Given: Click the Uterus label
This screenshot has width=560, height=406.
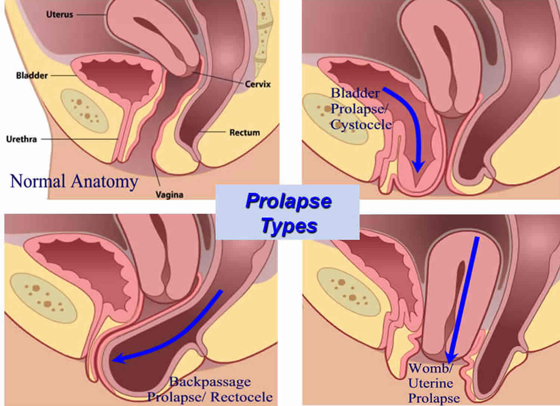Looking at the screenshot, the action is click(x=59, y=15).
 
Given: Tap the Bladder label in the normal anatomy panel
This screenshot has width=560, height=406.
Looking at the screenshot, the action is click(x=32, y=75).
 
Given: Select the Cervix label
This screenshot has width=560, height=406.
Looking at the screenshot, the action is click(x=258, y=84).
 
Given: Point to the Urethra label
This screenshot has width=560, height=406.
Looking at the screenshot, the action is click(x=22, y=139).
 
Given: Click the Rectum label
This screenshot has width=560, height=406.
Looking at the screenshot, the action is click(x=245, y=133).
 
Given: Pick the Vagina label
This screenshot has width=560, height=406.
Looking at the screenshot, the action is click(x=169, y=195).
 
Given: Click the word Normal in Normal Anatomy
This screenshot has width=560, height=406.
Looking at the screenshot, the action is click(x=38, y=181).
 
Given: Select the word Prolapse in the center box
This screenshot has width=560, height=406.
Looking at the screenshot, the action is click(x=289, y=202).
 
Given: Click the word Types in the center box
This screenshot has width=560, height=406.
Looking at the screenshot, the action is click(x=289, y=226).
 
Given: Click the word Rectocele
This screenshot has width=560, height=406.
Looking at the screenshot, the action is click(x=241, y=397).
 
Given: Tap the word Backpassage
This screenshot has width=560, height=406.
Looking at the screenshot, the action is click(x=210, y=382).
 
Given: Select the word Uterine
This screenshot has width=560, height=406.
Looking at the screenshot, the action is click(x=430, y=383).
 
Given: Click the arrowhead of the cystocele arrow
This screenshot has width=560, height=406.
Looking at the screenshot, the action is click(x=418, y=167).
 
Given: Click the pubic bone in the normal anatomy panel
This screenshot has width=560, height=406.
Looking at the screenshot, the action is click(x=85, y=111).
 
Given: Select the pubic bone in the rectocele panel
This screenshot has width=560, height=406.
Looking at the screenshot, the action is click(x=44, y=298).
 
